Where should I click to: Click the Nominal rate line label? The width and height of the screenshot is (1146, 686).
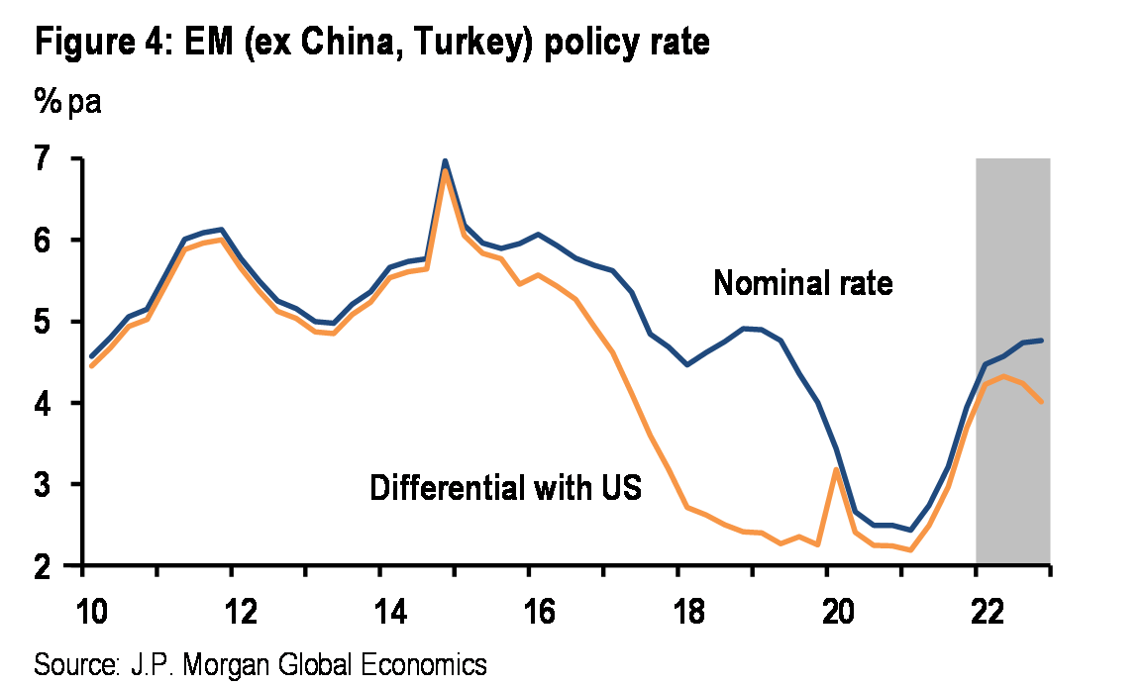point(802,285)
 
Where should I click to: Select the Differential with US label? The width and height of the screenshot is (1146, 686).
point(506,488)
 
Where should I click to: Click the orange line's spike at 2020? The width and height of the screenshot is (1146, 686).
point(837,469)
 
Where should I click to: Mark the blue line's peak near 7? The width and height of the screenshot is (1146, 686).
point(445,160)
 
